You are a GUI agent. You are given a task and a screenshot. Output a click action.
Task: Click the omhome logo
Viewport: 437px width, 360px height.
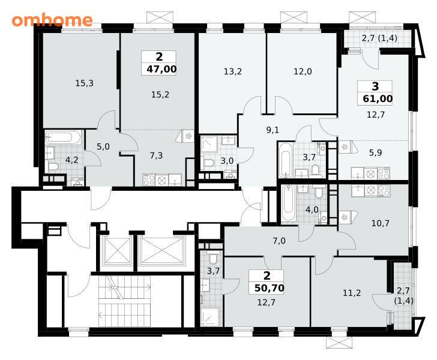point(52,20)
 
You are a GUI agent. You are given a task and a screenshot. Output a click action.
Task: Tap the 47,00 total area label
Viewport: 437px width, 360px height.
point(161,69)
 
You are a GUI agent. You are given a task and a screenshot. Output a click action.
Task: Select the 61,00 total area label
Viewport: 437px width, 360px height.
point(378,98)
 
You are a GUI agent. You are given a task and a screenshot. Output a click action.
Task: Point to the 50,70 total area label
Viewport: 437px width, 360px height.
point(269,288)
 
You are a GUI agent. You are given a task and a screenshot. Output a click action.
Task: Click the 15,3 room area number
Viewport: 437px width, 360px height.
point(84,83)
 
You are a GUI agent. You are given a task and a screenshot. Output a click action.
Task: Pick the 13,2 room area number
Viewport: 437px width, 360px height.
point(233,71)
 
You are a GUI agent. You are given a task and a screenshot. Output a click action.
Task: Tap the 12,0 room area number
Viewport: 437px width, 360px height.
point(303,71)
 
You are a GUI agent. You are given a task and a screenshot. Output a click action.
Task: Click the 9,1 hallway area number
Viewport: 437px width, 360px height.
point(273,130)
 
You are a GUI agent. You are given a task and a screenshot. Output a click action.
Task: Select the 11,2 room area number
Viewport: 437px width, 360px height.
point(352,293)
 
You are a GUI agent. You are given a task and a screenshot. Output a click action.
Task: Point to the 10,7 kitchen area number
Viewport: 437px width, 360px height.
point(381,223)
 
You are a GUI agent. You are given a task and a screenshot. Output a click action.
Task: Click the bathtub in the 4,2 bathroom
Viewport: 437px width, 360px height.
point(64,137)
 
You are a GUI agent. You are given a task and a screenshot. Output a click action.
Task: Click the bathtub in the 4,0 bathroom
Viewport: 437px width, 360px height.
point(288,204)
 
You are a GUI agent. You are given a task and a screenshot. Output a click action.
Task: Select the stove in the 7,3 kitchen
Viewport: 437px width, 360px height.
point(148,180)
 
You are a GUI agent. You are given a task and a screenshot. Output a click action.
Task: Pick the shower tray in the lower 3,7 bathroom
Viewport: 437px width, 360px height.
point(211,317)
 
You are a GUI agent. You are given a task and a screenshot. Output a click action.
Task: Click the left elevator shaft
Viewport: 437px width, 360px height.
point(117,251)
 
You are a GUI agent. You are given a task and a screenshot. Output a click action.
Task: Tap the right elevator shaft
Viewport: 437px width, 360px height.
point(162,251)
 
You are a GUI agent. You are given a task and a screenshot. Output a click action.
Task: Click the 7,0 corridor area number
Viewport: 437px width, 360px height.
point(279,241)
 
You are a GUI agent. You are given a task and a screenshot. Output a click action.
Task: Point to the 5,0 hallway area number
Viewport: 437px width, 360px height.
point(103,146)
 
